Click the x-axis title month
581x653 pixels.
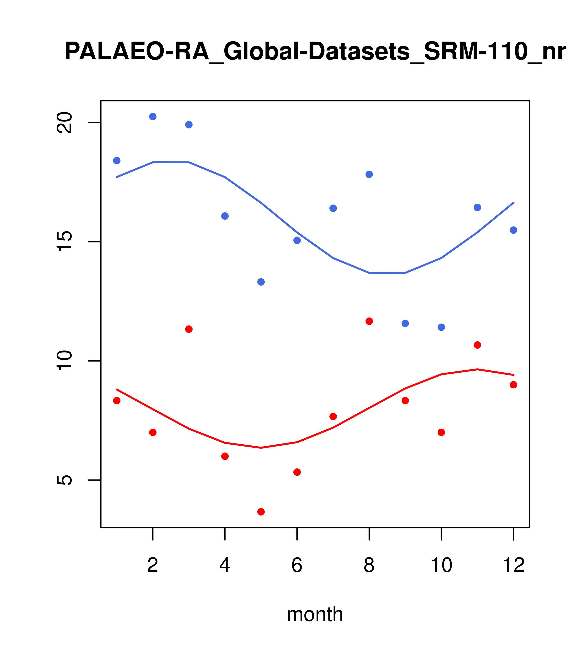point(315,614)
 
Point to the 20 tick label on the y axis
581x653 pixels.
point(64,123)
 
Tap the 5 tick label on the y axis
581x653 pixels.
point(64,480)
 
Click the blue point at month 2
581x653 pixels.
point(153,117)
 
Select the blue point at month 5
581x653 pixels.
point(261,282)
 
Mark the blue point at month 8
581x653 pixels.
point(369,174)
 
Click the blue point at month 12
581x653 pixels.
point(514,230)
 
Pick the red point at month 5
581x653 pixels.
point(261,512)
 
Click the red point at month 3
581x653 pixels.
point(189,329)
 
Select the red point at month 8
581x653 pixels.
point(369,321)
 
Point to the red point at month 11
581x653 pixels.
point(477,345)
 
